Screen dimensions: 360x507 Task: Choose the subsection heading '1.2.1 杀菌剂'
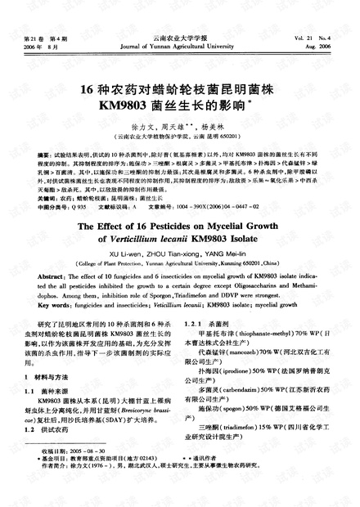coord(210,325)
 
